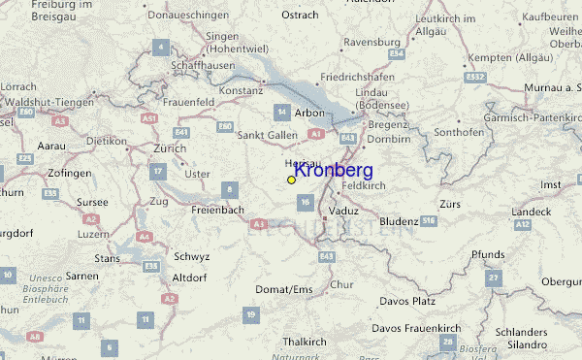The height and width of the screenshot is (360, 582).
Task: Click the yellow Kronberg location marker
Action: pyautogui.click(x=291, y=180)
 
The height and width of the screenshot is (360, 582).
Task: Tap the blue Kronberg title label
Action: pyautogui.click(x=333, y=171)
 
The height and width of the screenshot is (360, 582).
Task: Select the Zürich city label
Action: pyautogui.click(x=169, y=149)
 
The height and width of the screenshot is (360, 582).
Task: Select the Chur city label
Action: pyautogui.click(x=341, y=284)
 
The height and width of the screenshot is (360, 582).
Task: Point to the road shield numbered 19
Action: pyautogui.click(x=251, y=313)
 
